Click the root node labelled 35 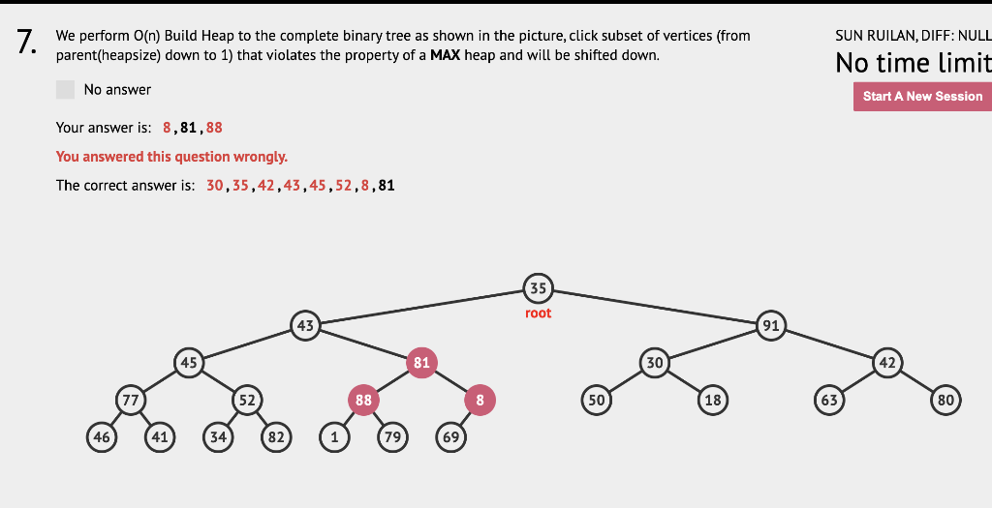538,287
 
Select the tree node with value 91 770,325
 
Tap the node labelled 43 305,325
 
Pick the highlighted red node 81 421,362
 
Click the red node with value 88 363,400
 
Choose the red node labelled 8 480,400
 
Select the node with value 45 189,362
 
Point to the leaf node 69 450,436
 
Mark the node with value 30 654,362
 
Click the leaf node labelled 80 945,400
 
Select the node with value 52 247,400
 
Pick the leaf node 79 392,436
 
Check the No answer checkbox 66,89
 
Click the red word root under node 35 538,314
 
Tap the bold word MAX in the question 446,55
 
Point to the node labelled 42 886,362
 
